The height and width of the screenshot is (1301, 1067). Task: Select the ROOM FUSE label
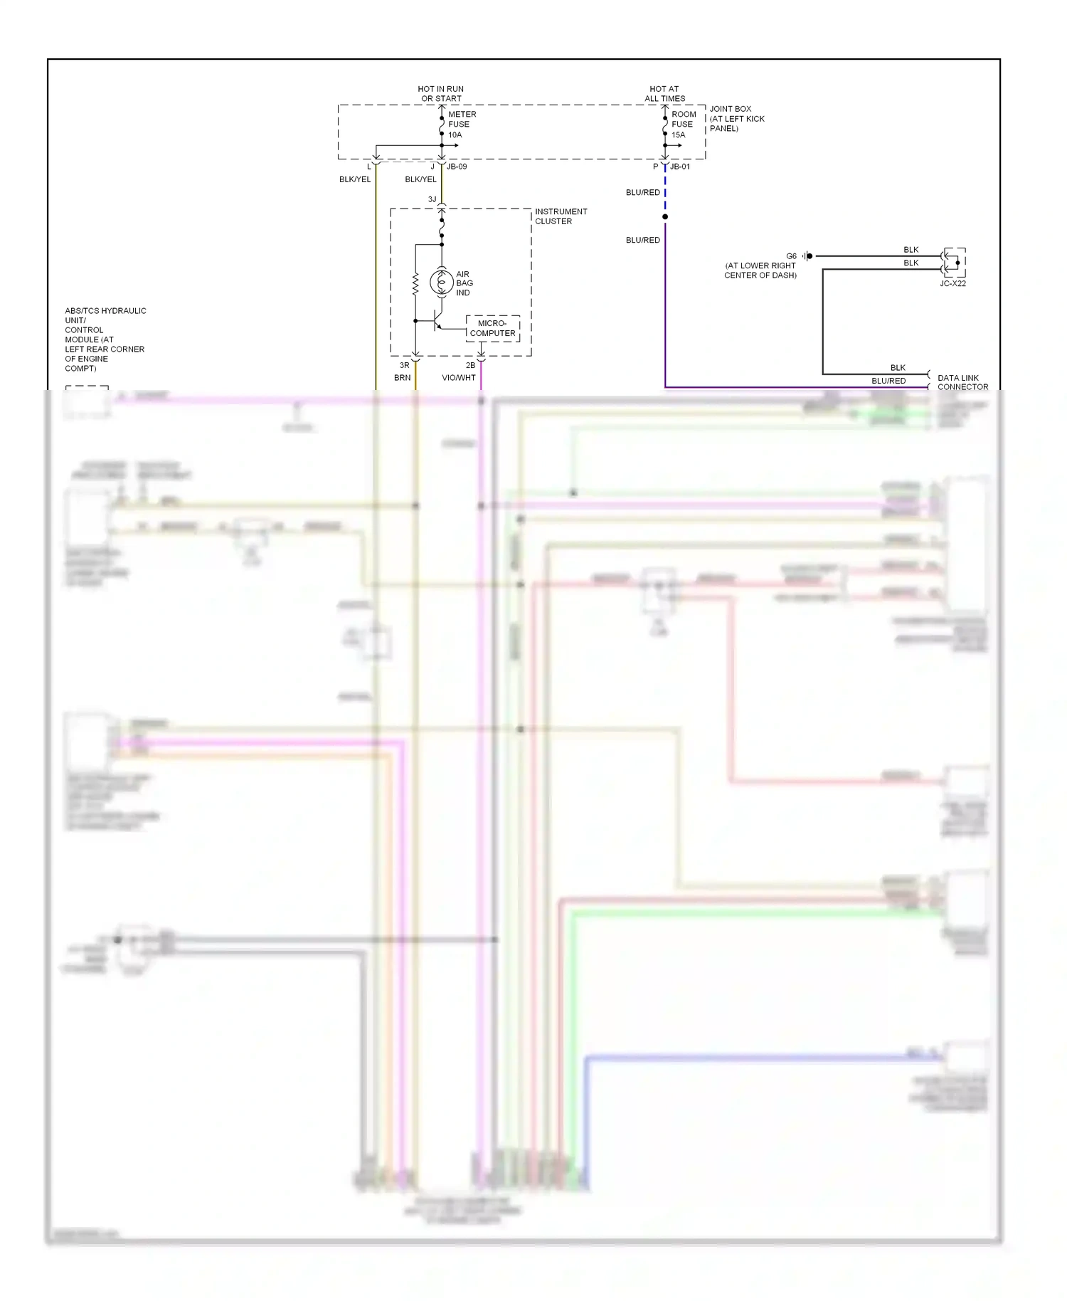(x=683, y=120)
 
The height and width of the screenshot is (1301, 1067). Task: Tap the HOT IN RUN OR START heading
(x=441, y=94)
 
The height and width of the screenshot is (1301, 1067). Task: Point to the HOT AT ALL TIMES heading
(x=664, y=94)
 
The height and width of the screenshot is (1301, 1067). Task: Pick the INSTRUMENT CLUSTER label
(x=561, y=216)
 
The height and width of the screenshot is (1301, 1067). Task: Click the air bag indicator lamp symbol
(x=442, y=283)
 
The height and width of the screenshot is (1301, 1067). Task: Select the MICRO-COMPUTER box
(x=492, y=328)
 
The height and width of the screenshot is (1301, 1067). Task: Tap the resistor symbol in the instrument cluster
(x=415, y=285)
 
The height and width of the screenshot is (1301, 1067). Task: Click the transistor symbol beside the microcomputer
(x=436, y=321)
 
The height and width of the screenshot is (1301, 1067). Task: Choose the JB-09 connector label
(x=457, y=167)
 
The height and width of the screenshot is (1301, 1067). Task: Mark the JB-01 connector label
(x=680, y=167)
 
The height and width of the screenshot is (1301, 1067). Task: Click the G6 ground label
(x=791, y=256)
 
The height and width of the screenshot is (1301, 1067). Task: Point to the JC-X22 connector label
(x=952, y=283)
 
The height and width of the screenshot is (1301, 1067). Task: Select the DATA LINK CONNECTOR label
(x=962, y=382)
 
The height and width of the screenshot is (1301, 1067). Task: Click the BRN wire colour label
(x=402, y=378)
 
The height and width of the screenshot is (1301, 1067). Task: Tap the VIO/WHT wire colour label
(x=458, y=378)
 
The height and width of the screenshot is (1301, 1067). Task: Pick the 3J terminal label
(x=432, y=199)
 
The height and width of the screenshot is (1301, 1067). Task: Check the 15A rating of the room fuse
(x=679, y=135)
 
